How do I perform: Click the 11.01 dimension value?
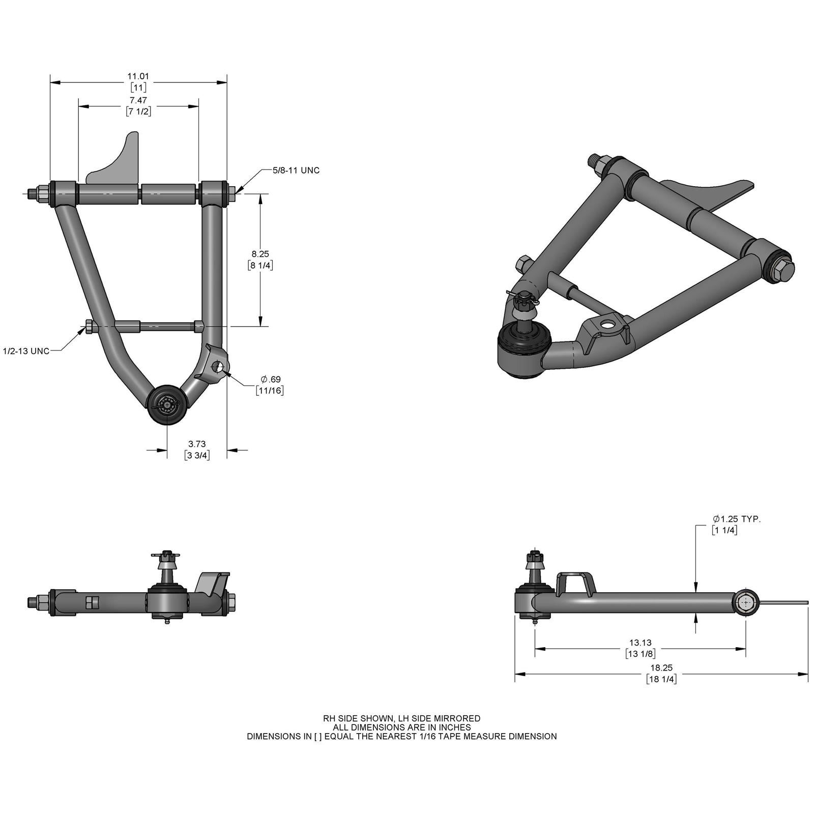coord(138,76)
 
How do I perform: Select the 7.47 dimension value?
coord(138,100)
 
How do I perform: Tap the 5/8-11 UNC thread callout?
coord(296,170)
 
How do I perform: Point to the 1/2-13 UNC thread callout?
coord(26,351)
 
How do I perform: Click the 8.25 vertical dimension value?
coord(260,254)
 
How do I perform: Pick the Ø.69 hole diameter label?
coord(270,379)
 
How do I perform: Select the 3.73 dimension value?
coord(197,444)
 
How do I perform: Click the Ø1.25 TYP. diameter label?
coord(737,519)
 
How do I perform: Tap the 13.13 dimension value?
coord(640,643)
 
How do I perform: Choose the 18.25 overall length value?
coord(661,667)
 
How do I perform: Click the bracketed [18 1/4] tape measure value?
coord(661,679)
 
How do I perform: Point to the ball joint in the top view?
coord(167,403)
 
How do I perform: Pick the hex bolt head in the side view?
coord(745,603)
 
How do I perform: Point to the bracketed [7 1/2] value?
coord(138,111)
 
